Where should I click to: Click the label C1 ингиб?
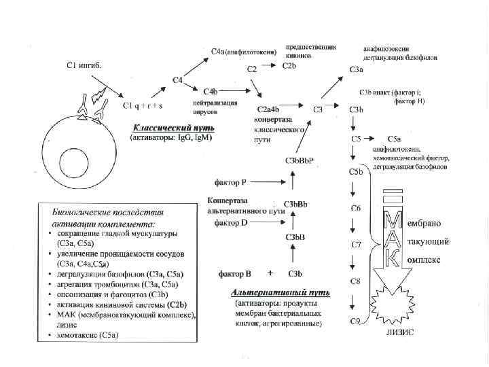(x=85, y=65)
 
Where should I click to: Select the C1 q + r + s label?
(x=143, y=106)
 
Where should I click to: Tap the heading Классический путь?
(x=173, y=128)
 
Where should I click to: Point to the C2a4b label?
(x=269, y=109)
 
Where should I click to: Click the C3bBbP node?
(x=300, y=160)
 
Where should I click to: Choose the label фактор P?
(x=230, y=182)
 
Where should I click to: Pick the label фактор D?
(x=231, y=223)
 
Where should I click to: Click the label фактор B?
(x=235, y=274)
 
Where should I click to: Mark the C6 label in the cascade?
(x=355, y=207)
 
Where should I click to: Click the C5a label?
(x=394, y=139)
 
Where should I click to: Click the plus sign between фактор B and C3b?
(x=270, y=273)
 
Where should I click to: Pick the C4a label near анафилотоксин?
(x=219, y=51)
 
